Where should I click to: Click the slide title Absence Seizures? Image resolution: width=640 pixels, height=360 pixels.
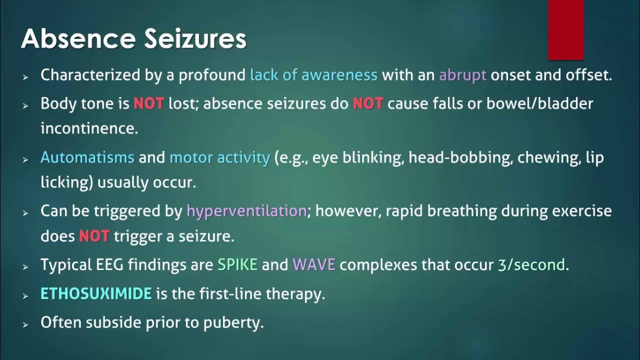133,38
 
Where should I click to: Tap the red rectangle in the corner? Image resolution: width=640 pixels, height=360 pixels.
566,29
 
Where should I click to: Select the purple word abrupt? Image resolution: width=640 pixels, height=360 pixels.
462,75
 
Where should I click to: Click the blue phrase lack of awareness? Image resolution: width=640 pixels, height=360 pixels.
313,75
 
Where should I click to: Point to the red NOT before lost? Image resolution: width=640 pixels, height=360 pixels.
148,103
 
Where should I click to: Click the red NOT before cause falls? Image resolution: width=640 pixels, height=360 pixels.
367,103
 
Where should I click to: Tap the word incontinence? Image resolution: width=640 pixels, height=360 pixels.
89,128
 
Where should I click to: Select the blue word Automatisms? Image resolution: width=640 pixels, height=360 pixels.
87,157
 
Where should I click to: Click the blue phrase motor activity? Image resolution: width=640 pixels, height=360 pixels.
219,157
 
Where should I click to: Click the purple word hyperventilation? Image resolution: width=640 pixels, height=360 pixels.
246,211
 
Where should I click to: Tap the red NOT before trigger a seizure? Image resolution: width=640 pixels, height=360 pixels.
94,236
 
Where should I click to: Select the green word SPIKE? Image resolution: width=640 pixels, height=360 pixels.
237,264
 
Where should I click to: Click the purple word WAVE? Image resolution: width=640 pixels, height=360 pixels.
313,264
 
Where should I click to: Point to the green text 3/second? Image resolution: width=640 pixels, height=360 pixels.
531,264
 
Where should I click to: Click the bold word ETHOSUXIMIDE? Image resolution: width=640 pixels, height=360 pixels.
96,293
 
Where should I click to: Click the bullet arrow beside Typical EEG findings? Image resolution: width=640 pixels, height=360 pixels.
25,267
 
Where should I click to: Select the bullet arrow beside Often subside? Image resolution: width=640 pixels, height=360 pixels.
25,325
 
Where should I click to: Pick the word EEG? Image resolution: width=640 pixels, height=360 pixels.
109,264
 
